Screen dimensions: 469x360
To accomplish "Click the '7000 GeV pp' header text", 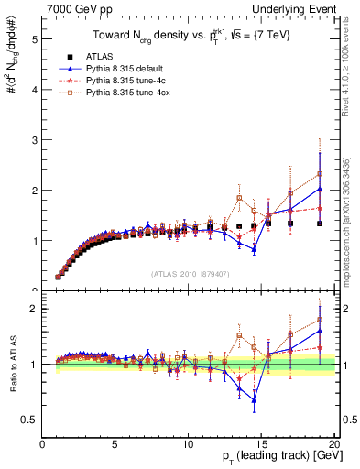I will click(73, 7).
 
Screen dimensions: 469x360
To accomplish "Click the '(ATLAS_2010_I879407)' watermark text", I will click(190, 272).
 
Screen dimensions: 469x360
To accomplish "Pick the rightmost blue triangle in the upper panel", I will click(320, 190).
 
